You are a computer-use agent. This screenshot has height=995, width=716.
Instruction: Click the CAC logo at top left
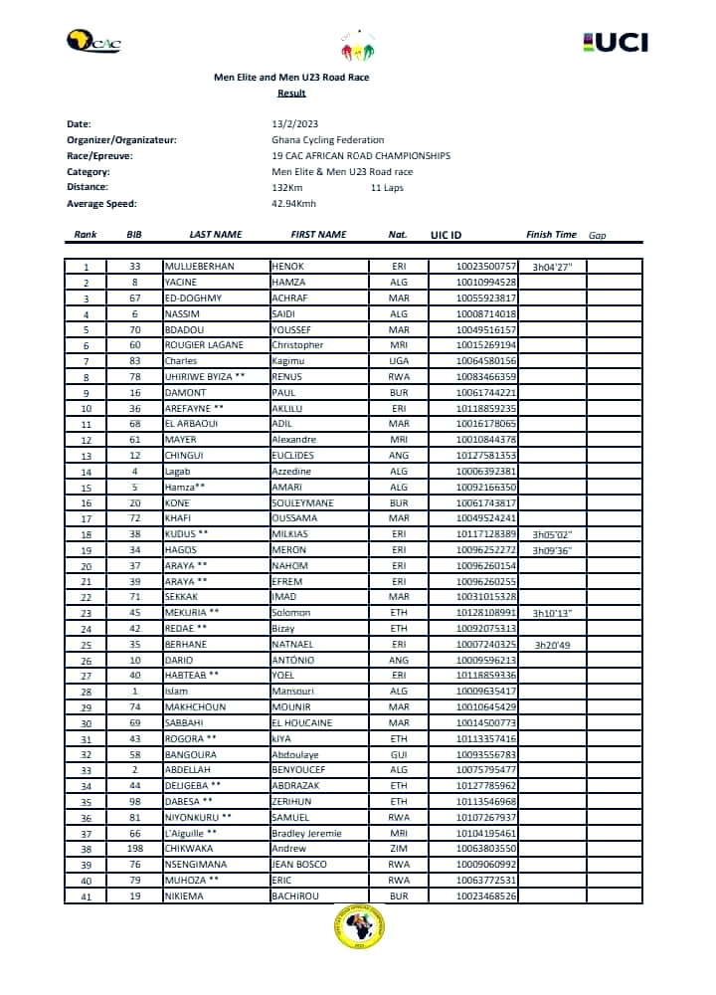pos(92,42)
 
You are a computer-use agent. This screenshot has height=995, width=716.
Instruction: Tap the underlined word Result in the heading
pos(291,94)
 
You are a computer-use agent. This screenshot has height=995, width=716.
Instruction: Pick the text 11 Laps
pos(387,188)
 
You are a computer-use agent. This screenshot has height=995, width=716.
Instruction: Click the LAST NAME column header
pos(215,235)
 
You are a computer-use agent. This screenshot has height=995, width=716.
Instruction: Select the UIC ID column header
pos(447,236)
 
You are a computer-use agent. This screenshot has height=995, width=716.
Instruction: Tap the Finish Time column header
pos(551,235)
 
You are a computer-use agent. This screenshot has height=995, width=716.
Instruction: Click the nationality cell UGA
pos(398,360)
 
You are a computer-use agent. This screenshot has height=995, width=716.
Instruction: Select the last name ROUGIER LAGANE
pos(205,344)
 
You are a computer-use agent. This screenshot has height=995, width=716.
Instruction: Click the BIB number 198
pos(135,849)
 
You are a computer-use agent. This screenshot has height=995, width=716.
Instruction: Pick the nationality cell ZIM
pos(398,849)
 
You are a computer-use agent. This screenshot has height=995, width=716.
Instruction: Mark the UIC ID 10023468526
pos(487,896)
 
